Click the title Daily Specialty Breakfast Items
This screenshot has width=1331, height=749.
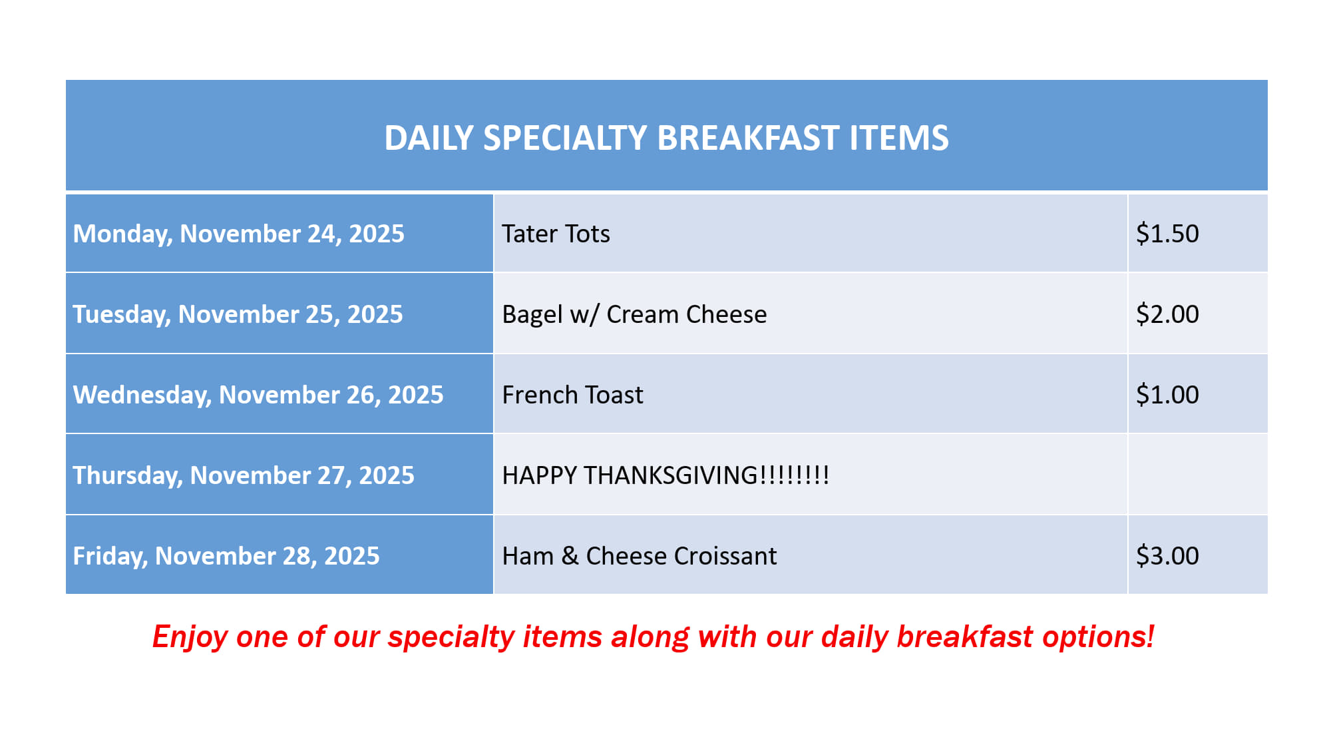666,138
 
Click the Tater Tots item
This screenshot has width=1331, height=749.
556,234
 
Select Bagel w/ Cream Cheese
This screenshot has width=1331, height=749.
634,314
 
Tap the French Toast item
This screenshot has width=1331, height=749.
572,395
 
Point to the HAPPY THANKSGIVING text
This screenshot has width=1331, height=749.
665,475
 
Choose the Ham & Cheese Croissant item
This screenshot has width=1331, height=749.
639,556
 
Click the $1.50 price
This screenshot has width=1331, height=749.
1167,234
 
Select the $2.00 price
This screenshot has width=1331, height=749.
1167,314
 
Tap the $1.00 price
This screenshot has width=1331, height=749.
1167,395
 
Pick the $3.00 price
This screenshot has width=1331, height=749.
1167,556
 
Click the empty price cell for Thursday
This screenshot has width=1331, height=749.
1198,475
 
